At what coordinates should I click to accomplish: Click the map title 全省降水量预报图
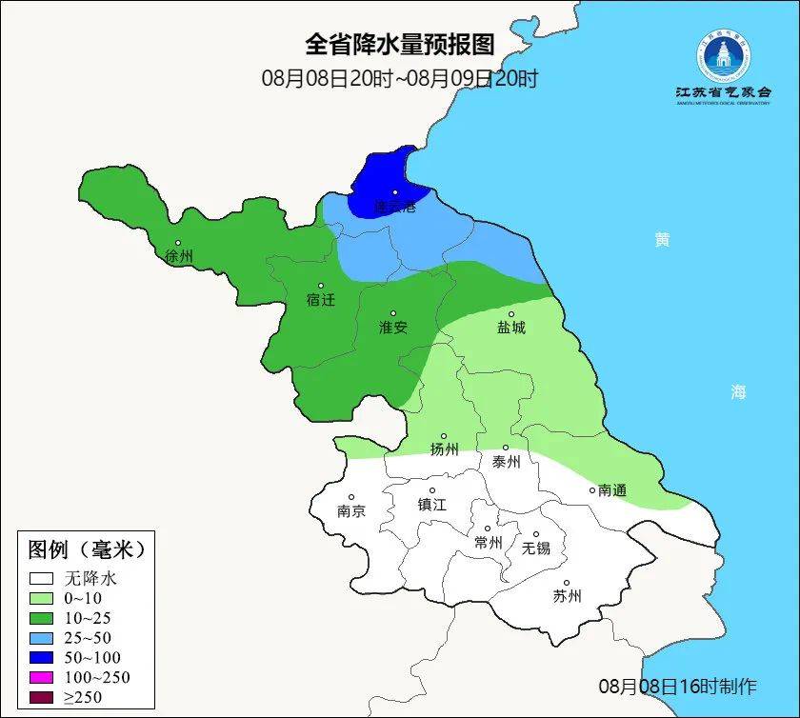(400, 44)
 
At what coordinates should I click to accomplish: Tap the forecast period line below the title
(400, 78)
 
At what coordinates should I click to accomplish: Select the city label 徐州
(179, 257)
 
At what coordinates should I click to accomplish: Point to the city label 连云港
(394, 207)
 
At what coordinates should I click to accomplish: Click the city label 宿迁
(321, 300)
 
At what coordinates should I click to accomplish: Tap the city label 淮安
(393, 328)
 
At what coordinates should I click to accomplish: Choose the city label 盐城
(511, 328)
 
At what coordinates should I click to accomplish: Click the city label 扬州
(444, 449)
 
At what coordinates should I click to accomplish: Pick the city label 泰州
(506, 462)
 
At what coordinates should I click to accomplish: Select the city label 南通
(612, 490)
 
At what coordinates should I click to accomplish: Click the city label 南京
(351, 510)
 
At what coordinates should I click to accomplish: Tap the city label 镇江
(431, 505)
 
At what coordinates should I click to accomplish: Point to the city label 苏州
(567, 597)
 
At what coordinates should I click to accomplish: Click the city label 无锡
(536, 548)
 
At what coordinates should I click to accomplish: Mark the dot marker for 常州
(488, 529)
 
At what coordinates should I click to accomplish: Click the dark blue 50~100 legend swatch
(41, 657)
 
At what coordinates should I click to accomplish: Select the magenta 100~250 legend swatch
(41, 677)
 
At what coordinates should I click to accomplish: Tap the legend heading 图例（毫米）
(86, 549)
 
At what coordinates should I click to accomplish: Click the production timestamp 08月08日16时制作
(678, 686)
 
